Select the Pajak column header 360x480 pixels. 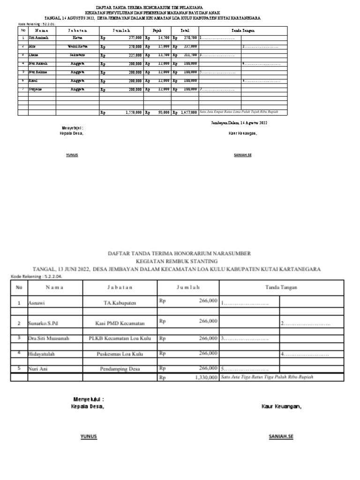[x=157, y=30]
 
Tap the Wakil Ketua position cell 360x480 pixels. [x=77, y=46]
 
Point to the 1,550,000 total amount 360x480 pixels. [x=133, y=112]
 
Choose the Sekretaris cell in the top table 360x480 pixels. [x=77, y=55]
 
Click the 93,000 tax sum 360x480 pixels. [x=162, y=112]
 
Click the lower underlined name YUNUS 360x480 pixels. [x=89, y=436]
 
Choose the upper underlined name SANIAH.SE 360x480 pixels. [x=242, y=155]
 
